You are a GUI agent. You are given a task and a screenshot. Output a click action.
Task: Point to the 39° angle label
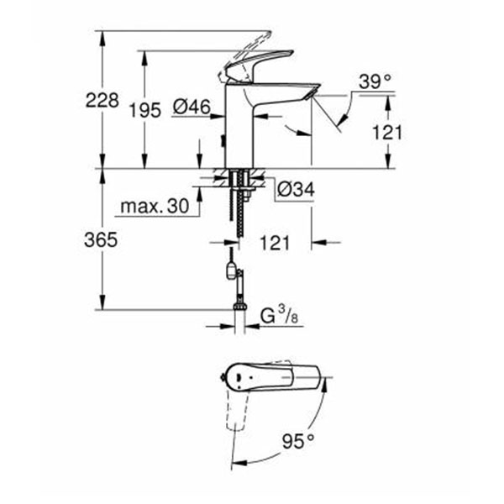pos(374,81)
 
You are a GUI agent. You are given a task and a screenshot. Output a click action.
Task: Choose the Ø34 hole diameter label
pos(295,192)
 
